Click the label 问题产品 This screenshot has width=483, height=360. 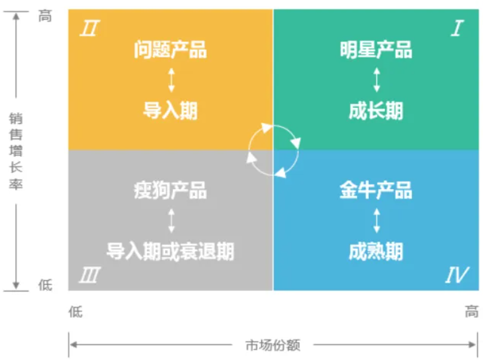(x=170, y=50)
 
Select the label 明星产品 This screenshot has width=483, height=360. (x=376, y=50)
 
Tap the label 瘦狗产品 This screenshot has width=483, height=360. (x=170, y=190)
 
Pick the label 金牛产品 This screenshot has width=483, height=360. (x=376, y=190)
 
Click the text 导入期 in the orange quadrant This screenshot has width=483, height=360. (x=170, y=110)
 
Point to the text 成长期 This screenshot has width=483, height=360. (x=376, y=110)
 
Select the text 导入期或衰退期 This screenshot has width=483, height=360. (x=170, y=251)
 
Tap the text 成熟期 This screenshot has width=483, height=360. (x=376, y=251)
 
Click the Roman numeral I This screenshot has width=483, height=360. (x=457, y=28)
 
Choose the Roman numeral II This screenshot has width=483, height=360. (x=90, y=28)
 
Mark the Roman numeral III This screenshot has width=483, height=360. (x=90, y=275)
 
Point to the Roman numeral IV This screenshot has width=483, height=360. (x=457, y=275)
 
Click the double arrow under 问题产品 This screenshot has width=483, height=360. (x=172, y=80)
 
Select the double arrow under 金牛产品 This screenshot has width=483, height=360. (x=377, y=221)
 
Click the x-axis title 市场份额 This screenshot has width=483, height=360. (x=272, y=345)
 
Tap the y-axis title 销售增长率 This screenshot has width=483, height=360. (x=16, y=151)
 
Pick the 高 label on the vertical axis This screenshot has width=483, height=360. (x=45, y=16)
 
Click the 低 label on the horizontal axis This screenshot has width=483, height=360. (x=75, y=312)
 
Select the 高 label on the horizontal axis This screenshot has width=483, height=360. (x=471, y=312)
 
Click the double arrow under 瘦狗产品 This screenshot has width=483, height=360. (x=172, y=221)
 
